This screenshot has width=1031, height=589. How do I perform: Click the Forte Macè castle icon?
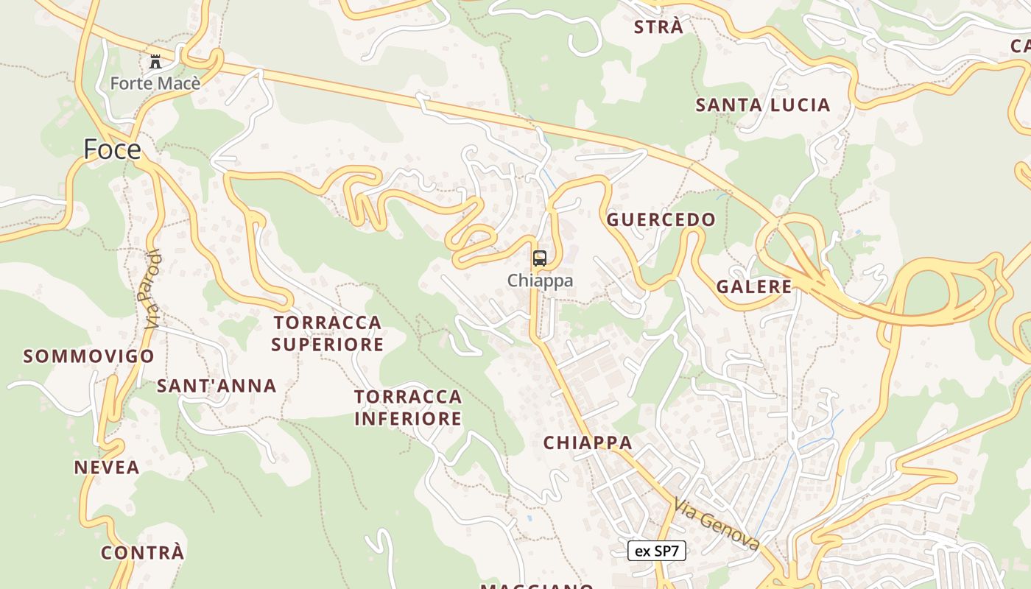(x=155, y=62)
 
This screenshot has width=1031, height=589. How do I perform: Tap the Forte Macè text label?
(x=155, y=83)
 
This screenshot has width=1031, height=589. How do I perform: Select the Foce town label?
(x=112, y=149)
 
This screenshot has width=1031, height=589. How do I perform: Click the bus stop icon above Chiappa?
(x=540, y=258)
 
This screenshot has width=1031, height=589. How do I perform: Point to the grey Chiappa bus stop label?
(x=540, y=281)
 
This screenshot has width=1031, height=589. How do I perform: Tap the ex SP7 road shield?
(x=656, y=551)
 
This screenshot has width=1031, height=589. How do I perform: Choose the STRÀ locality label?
(x=658, y=28)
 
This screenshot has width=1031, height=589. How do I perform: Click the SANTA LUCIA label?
(x=763, y=105)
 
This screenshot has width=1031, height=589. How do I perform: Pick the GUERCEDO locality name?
(x=661, y=219)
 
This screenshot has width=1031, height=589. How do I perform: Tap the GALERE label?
(x=754, y=287)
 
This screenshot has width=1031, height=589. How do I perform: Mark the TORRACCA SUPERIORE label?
(x=328, y=334)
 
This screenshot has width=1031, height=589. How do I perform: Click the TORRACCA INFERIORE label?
(x=408, y=408)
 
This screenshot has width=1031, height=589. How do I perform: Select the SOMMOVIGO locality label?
(x=89, y=357)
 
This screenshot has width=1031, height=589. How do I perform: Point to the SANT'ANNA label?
(x=217, y=386)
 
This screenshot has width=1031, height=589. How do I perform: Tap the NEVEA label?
(x=107, y=468)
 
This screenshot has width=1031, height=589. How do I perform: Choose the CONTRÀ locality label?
(x=142, y=553)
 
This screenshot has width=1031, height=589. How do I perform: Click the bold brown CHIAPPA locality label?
(x=588, y=443)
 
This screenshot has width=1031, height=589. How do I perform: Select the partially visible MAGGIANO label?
(x=538, y=585)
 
